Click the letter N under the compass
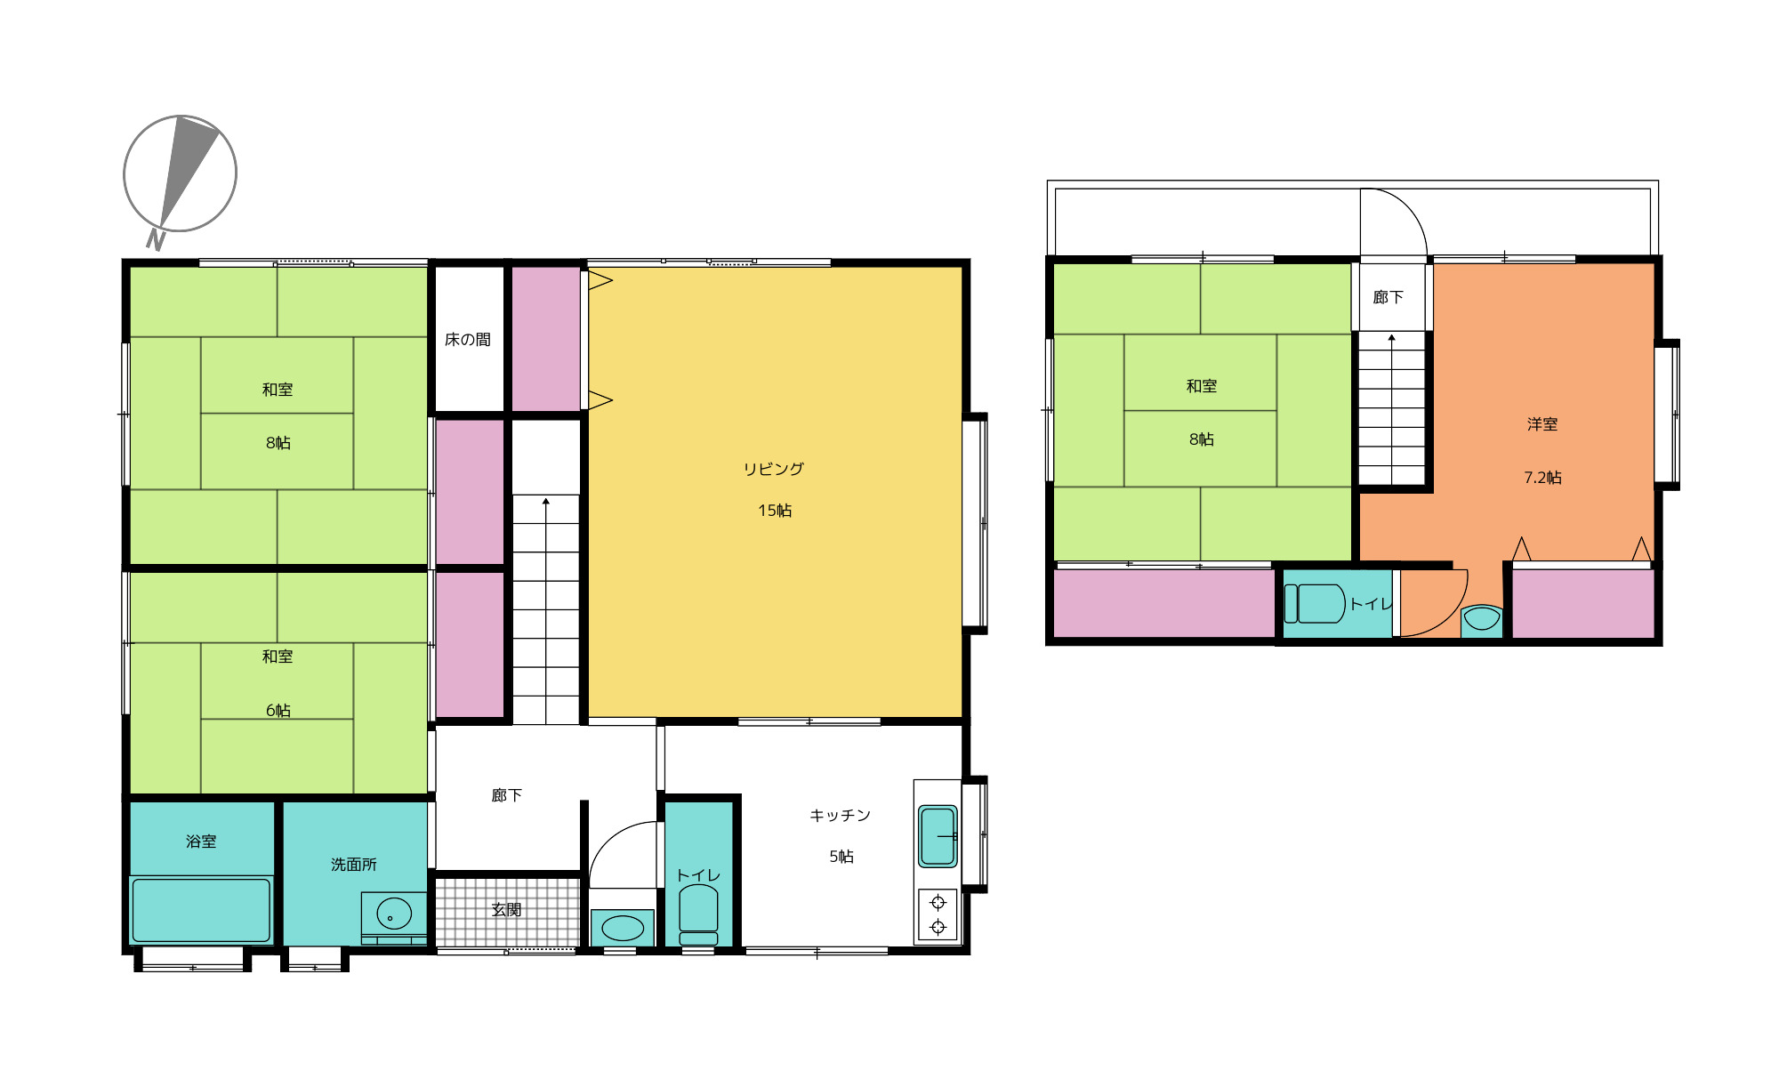156,240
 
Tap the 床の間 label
468,340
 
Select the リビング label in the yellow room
774,469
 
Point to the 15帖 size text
775,511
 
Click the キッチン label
840,815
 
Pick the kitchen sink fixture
938,835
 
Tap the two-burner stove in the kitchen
938,915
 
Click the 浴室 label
201,841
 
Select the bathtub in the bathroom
201,910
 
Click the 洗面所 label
354,865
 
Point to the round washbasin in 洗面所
394,914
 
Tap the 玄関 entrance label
506,910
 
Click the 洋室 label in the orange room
1542,424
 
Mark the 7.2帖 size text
1542,478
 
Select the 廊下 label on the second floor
1388,297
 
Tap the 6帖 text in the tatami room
278,711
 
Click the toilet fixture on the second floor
1315,603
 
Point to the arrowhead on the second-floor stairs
1392,338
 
